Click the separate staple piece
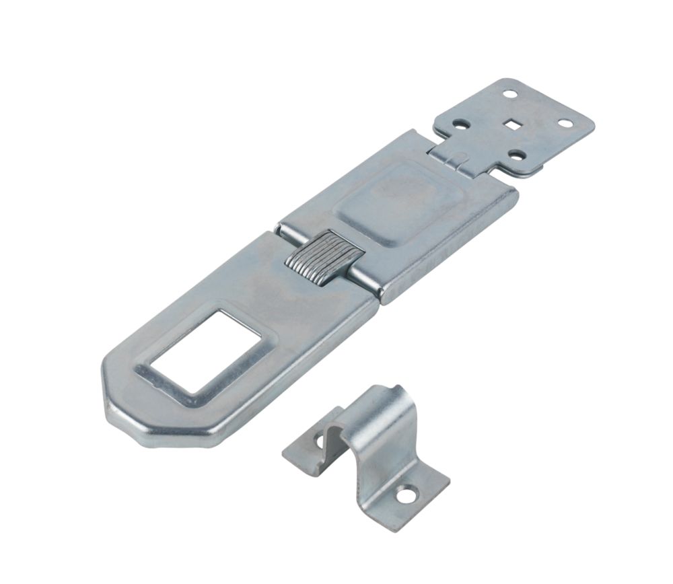[367, 451]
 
